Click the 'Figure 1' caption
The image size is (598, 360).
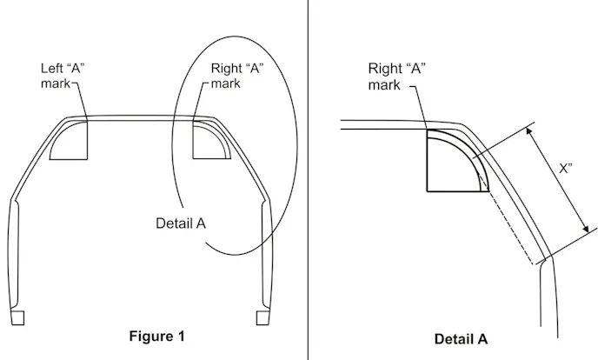(156, 337)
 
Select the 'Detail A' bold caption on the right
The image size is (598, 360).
(461, 339)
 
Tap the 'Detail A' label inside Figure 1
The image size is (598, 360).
(181, 223)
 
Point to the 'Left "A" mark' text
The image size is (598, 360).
(63, 76)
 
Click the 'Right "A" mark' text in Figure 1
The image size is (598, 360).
(237, 76)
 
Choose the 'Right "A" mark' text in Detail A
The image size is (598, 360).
(396, 77)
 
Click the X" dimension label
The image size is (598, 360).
(566, 168)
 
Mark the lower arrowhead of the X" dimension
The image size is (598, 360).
(585, 228)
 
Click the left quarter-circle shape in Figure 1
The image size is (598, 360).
(69, 140)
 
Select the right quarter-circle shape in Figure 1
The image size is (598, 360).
(212, 140)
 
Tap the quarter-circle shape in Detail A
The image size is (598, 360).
(458, 160)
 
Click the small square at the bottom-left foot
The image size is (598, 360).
(17, 317)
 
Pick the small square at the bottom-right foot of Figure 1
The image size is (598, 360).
(262, 317)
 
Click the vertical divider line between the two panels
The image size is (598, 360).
(308, 180)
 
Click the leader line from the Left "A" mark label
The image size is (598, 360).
(79, 102)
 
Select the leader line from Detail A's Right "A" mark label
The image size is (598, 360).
(419, 108)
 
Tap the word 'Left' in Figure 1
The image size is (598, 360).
(51, 69)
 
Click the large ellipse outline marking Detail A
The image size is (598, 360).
(235, 145)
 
